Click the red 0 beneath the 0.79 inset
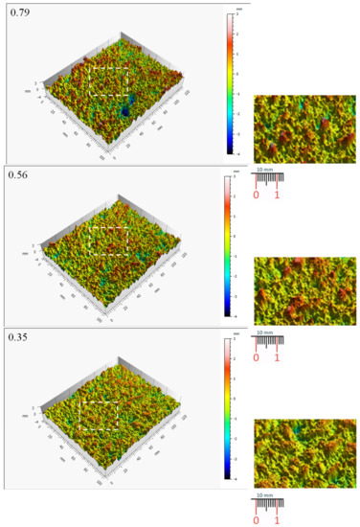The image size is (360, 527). click(257, 195)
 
